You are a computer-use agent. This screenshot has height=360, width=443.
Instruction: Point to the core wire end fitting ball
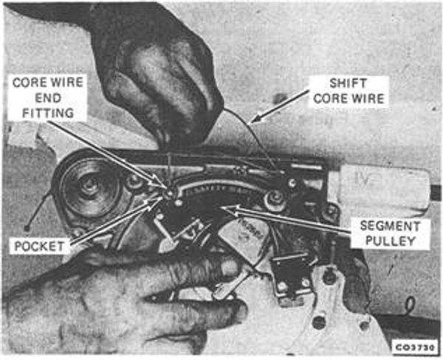169,193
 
